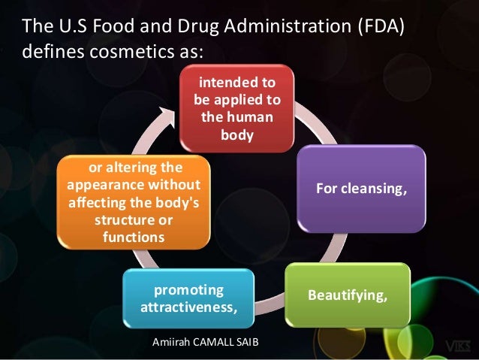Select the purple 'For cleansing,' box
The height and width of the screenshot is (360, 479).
[x=361, y=188]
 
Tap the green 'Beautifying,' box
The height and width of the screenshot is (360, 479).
[x=348, y=295]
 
